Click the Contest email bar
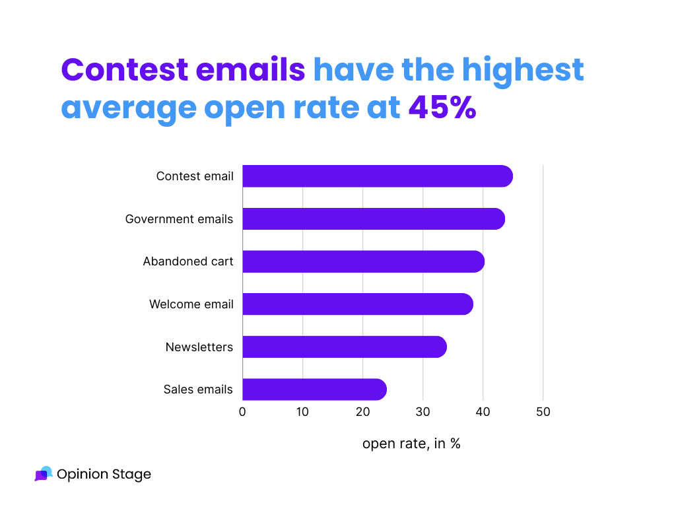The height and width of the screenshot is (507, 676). [x=377, y=176]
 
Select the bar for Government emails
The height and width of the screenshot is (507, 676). [x=373, y=219]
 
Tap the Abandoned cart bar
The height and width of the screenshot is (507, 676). [x=363, y=261]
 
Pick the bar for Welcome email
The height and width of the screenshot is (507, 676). [x=357, y=304]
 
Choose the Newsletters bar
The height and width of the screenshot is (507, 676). [x=344, y=347]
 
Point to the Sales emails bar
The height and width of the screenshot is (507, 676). [x=314, y=389]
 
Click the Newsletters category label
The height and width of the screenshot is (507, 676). [x=199, y=347]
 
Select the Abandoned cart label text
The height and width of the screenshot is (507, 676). [x=188, y=261]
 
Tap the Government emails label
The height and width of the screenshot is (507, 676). [x=179, y=219]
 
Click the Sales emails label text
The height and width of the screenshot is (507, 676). [x=198, y=389]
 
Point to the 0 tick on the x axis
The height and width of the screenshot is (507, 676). [x=242, y=412]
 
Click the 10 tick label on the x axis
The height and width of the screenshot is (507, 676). [x=302, y=412]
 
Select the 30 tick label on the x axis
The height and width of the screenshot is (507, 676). [x=422, y=412]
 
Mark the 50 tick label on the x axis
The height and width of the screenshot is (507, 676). [x=543, y=412]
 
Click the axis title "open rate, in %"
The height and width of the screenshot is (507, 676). [x=411, y=444]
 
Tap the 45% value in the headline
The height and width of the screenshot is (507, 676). [x=442, y=108]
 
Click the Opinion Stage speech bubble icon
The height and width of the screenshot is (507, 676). [x=43, y=474]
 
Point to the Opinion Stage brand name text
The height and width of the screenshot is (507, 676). [x=104, y=474]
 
